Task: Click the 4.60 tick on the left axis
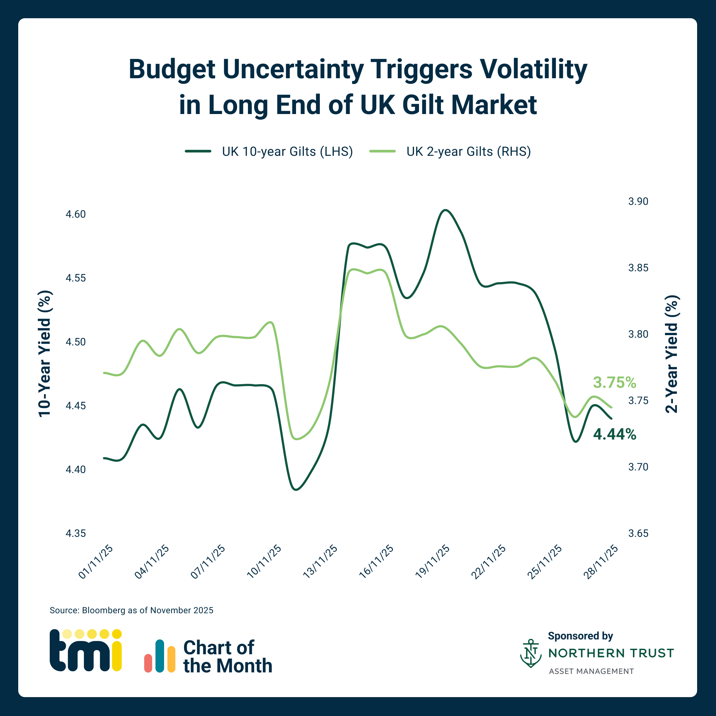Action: coord(76,214)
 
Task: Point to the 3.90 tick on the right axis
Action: coord(638,201)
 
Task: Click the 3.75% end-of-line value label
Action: coord(615,383)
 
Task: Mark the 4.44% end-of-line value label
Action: coord(615,434)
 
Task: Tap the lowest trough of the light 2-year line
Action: coord(296,439)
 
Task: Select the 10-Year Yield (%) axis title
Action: coord(45,354)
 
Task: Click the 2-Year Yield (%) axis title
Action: coord(671,354)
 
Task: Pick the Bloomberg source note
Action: coord(132,610)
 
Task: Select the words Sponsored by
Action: coord(580,636)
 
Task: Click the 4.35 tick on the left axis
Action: coord(76,533)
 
